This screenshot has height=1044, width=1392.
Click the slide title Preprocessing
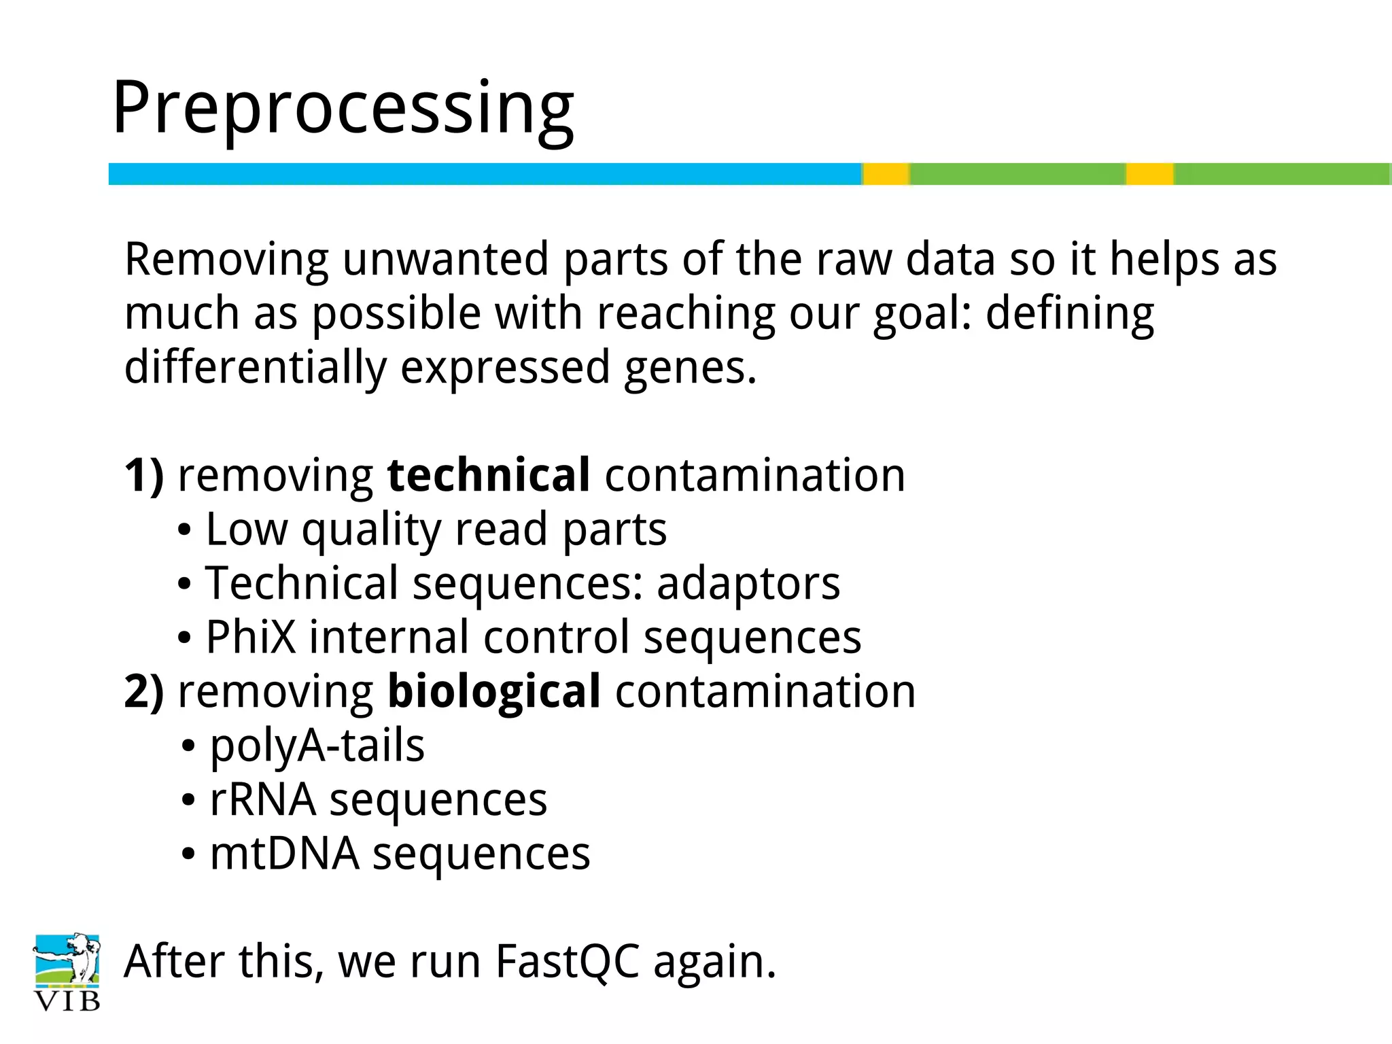tap(343, 109)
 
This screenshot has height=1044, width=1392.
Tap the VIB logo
tap(67, 972)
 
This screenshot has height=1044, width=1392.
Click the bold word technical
tap(488, 475)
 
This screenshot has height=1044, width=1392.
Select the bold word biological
tap(493, 692)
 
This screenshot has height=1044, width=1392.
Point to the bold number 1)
tap(144, 475)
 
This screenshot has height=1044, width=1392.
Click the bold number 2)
tap(144, 692)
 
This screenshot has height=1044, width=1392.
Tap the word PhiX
tap(251, 638)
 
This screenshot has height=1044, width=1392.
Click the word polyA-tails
tap(317, 746)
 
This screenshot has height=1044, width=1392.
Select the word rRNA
tap(262, 800)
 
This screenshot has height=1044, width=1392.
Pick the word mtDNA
tap(284, 854)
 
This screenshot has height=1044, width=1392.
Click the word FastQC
tap(567, 962)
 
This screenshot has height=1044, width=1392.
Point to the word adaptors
tap(748, 585)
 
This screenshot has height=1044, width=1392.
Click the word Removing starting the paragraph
tap(226, 260)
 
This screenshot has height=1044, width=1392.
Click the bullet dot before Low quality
tap(184, 531)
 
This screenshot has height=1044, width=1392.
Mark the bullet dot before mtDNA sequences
tap(188, 855)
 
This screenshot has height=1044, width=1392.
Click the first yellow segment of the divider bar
tap(886, 174)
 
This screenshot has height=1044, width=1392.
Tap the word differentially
tap(255, 368)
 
